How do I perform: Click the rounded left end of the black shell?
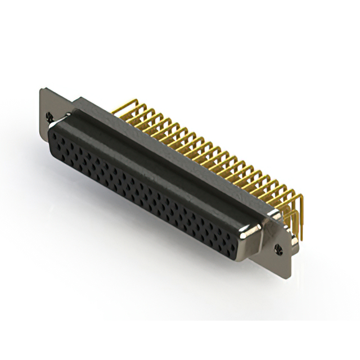[x=51, y=138]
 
